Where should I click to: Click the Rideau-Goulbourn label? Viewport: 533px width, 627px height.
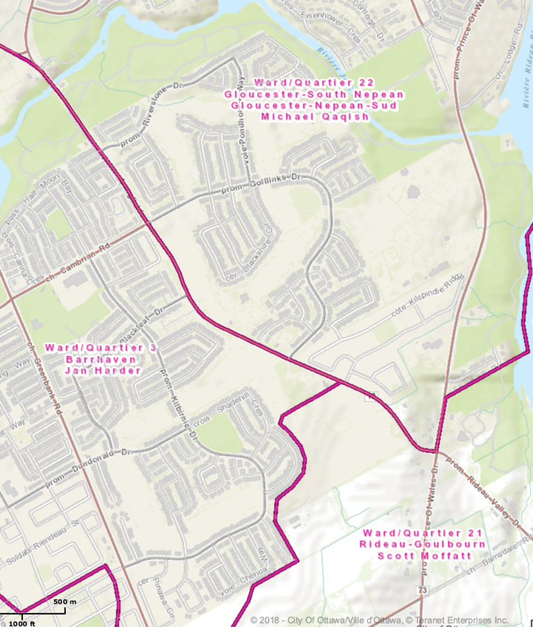tap(423, 544)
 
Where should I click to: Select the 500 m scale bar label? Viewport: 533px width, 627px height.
tap(64, 601)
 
